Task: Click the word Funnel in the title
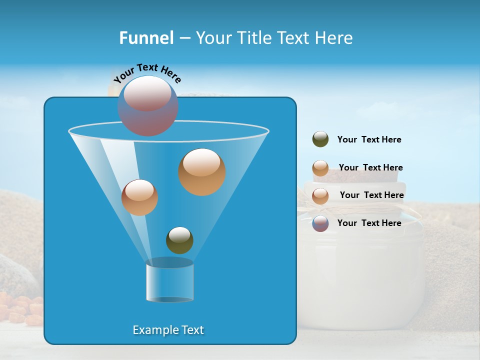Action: tap(146, 38)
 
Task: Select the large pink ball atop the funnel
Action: tap(147, 105)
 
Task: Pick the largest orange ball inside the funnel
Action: tap(202, 172)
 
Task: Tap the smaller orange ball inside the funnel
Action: tap(139, 197)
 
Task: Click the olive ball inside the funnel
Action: tap(179, 240)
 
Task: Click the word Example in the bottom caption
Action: tap(151, 330)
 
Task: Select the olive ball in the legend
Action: tap(320, 139)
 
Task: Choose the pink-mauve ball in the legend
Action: tap(320, 223)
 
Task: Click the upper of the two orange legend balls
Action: tap(320, 168)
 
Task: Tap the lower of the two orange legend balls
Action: tap(320, 195)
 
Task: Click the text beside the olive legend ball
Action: tap(369, 139)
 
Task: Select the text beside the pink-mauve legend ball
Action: tap(369, 223)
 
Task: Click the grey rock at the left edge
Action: tap(15, 272)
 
